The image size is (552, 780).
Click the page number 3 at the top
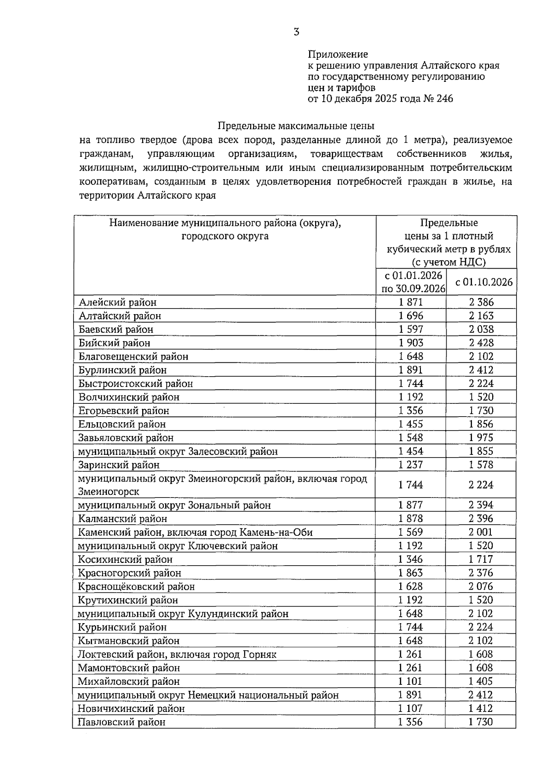point(296,32)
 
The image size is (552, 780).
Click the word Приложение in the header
point(338,54)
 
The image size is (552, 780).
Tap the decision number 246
point(444,98)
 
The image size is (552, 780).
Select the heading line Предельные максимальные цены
point(296,126)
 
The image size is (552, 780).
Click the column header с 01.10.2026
point(483,282)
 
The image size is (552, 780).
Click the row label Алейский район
point(117,302)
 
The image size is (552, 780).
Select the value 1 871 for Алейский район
point(410,302)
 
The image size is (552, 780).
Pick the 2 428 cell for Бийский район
point(481,343)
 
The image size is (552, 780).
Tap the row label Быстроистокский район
point(136,384)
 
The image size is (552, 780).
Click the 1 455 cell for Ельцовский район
point(410,424)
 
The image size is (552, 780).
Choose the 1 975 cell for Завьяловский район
point(481,437)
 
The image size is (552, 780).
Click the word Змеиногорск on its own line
point(109,492)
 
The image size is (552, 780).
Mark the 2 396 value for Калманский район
point(481,518)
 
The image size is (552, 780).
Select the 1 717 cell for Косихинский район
point(481,559)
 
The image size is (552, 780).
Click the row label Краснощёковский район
point(136,586)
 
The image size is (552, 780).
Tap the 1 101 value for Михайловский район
point(410,681)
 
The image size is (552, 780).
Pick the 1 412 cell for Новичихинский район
point(481,708)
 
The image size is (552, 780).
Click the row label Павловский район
point(121,722)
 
